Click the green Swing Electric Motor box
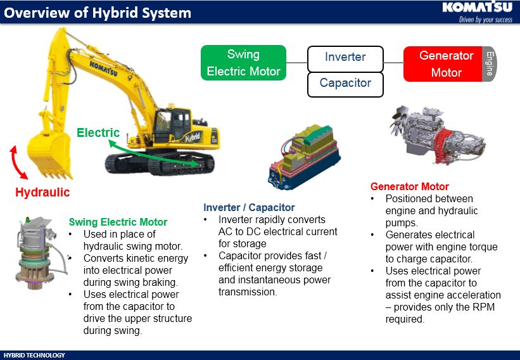244,63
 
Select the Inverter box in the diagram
345,57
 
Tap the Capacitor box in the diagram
345,83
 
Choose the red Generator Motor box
443,64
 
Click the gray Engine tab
488,63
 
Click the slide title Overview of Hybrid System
98,13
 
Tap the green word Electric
98,132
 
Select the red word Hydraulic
42,192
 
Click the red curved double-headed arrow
18,163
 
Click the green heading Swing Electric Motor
118,222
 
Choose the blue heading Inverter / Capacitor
249,207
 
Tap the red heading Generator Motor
409,186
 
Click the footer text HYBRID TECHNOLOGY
34,355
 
